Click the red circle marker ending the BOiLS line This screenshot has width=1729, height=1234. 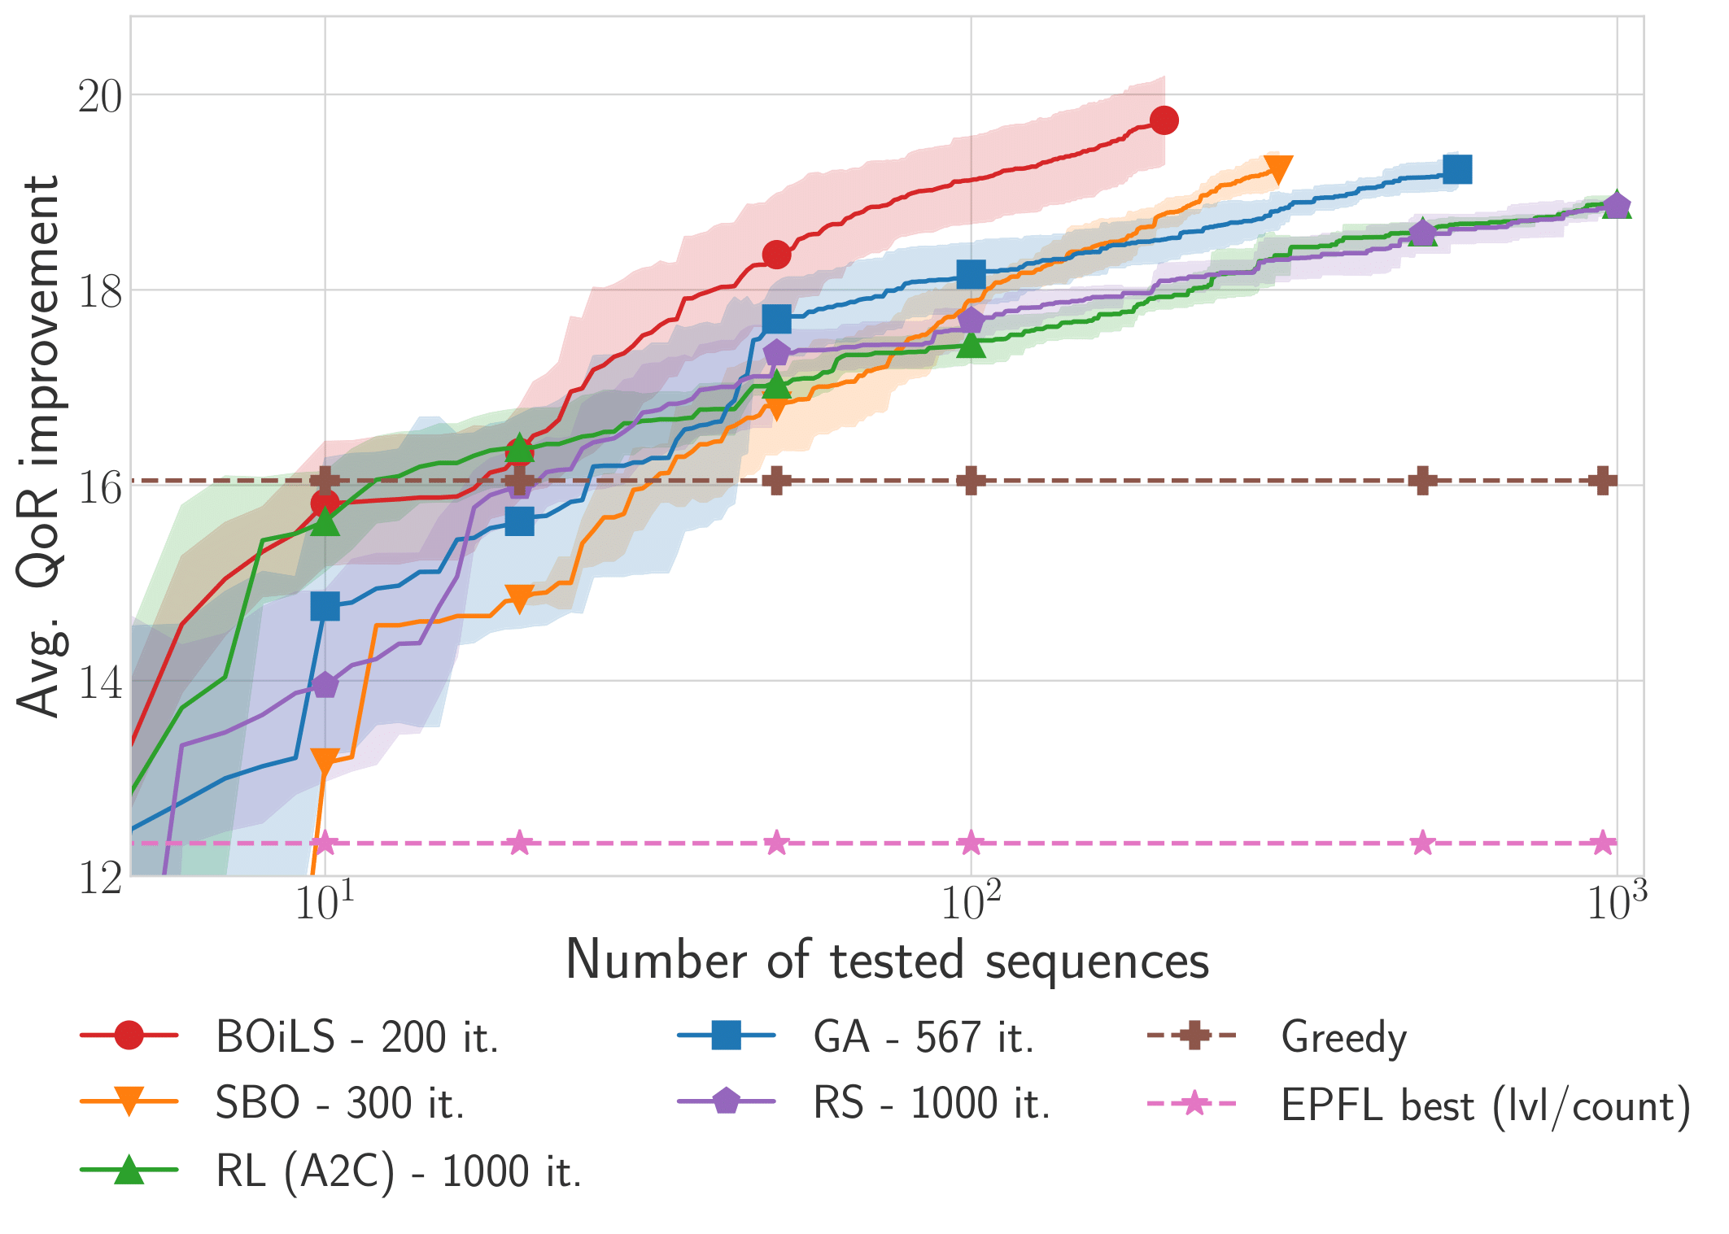1164,120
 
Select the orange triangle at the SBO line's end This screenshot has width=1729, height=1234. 1277,169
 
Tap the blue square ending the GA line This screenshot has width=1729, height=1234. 1456,169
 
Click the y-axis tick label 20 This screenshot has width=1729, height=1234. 99,97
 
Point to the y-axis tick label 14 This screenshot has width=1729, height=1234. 99,682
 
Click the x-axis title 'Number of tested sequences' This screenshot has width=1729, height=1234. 887,961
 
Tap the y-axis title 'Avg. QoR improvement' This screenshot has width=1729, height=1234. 38,446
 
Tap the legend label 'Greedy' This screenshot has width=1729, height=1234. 1343,1037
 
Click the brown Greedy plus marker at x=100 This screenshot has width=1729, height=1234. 971,481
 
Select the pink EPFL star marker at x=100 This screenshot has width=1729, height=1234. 971,843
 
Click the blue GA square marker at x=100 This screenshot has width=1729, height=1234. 971,275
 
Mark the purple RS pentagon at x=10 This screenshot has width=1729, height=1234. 325,685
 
